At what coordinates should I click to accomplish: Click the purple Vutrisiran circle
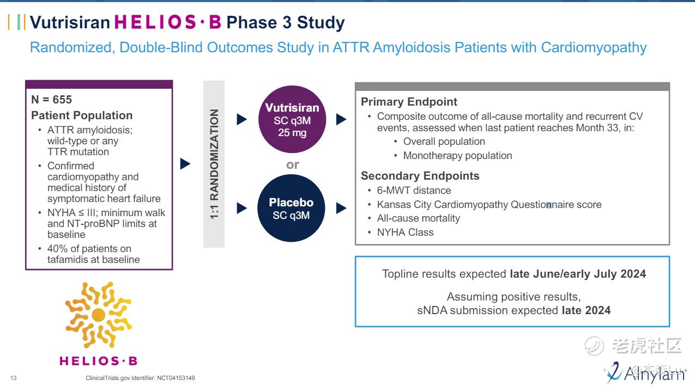(x=292, y=119)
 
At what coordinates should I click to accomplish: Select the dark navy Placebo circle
(x=292, y=208)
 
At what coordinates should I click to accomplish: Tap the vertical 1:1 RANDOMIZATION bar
(x=214, y=164)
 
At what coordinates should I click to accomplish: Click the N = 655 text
(x=52, y=100)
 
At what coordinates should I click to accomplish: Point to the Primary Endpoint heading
(x=409, y=102)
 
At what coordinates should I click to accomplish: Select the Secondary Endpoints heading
(x=420, y=176)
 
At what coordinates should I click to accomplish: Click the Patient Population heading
(x=82, y=115)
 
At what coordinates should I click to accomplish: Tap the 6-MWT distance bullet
(x=414, y=191)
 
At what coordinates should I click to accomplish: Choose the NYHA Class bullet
(x=405, y=232)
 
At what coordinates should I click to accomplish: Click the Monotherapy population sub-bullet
(x=457, y=156)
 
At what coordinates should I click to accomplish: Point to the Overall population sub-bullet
(x=444, y=142)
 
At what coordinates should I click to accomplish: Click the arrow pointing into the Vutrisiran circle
(x=242, y=119)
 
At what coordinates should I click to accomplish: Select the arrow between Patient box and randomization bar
(x=185, y=164)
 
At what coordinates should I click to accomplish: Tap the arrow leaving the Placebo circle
(x=341, y=208)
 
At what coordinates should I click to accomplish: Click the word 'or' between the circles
(x=293, y=164)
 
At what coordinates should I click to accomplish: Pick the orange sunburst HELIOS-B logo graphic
(x=98, y=315)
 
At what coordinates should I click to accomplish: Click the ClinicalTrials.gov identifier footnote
(x=140, y=378)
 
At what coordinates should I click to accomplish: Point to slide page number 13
(x=14, y=378)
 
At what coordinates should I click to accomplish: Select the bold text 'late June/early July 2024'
(x=578, y=274)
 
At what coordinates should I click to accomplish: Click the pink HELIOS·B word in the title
(x=168, y=22)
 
